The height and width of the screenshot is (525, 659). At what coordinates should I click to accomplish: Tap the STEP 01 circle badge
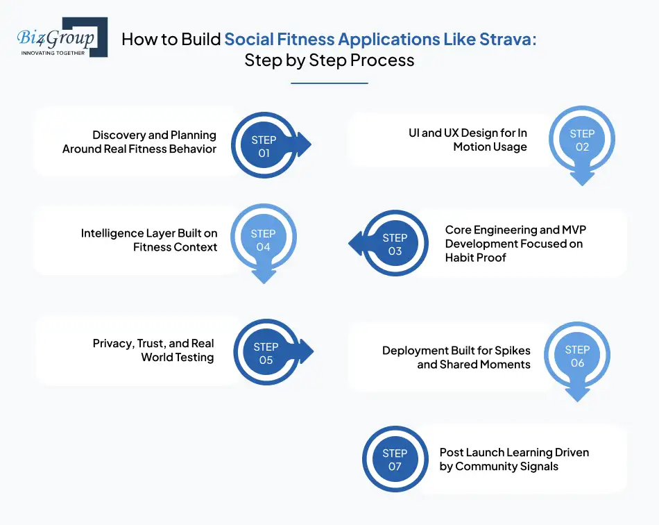pos(264,146)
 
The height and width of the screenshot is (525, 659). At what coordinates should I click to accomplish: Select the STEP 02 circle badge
pos(582,140)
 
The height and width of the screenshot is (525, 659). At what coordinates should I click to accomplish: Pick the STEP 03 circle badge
pos(395,244)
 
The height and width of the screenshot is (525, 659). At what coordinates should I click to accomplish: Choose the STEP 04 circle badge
pos(263,240)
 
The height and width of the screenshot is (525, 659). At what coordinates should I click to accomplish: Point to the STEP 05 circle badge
pos(266,353)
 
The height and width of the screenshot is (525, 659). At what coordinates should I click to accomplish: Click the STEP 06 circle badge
pos(577,356)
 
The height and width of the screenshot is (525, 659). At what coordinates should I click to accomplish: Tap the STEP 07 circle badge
pos(395,460)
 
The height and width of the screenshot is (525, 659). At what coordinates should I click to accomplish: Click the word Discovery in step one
pos(119,135)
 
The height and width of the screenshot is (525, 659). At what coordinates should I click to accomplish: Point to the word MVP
pos(574,230)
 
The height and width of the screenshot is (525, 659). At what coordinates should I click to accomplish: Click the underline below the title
pos(329,83)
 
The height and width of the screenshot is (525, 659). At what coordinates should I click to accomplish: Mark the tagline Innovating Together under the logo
pos(53,52)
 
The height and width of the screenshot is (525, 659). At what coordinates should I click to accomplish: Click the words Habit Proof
pos(475,257)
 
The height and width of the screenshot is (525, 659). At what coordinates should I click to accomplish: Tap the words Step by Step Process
pos(329,60)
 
